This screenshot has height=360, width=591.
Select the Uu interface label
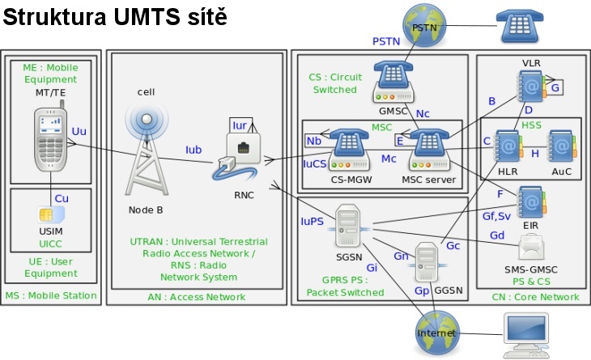[x=79, y=130]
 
